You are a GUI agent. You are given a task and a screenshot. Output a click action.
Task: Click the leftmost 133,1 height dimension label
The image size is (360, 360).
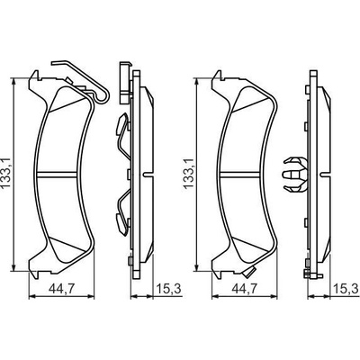pyautogui.click(x=5, y=173)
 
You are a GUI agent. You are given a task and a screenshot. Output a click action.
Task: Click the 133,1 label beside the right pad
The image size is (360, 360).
pyautogui.click(x=189, y=173)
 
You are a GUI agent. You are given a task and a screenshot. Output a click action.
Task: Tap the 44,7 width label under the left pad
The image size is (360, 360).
pyautogui.click(x=61, y=289)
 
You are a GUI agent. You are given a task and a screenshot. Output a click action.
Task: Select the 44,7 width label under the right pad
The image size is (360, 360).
pyautogui.click(x=244, y=289)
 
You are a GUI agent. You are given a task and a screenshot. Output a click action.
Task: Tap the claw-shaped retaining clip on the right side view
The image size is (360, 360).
pyautogui.click(x=295, y=174)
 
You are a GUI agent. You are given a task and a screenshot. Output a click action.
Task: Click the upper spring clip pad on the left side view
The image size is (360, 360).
pyautogui.click(x=121, y=123)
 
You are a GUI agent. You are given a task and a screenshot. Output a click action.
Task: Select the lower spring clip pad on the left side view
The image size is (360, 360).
pyautogui.click(x=121, y=223)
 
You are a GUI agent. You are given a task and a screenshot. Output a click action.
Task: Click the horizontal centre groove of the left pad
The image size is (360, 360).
pyautogui.click(x=57, y=175)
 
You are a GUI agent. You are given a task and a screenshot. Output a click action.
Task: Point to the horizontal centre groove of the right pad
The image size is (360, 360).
pyautogui.click(x=240, y=175)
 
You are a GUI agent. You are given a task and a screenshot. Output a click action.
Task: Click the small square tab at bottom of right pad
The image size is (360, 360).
pyautogui.click(x=249, y=273)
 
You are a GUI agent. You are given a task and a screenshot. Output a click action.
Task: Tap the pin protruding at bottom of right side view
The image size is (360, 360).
pyautogui.click(x=313, y=274)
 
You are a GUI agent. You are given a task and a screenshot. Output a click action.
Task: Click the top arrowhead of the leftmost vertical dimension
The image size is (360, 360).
pyautogui.click(x=13, y=82)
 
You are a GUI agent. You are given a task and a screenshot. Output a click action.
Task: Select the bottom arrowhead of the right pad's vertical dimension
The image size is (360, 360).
pyautogui.click(x=196, y=267)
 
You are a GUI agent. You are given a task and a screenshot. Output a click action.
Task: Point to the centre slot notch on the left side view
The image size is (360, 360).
pyautogui.click(x=148, y=175)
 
